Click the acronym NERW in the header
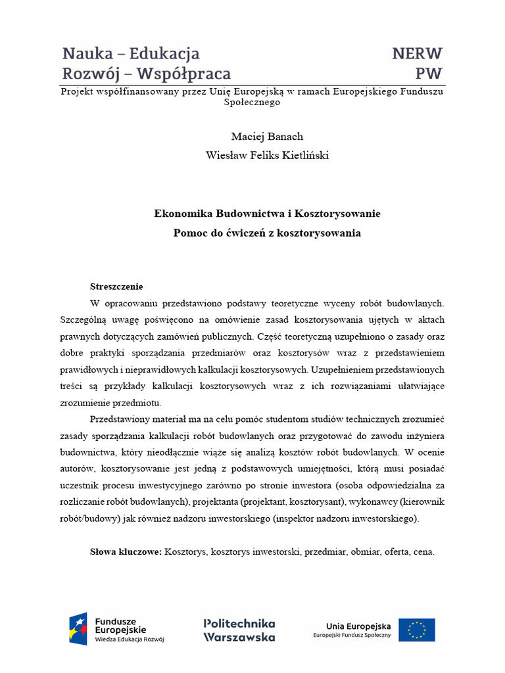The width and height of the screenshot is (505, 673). (x=417, y=53)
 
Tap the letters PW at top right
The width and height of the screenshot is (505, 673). (x=429, y=74)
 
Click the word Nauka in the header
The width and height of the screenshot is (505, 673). (x=86, y=53)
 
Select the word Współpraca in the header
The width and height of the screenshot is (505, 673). (x=191, y=74)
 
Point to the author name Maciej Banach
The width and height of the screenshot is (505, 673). (x=258, y=137)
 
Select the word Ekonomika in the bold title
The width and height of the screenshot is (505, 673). (x=181, y=214)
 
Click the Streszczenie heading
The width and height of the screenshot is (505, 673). (x=116, y=287)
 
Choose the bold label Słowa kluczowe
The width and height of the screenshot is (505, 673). (x=126, y=552)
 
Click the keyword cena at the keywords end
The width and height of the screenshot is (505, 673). (x=424, y=552)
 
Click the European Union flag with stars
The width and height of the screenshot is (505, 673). (x=416, y=630)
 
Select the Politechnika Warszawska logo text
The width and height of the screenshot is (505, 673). (x=239, y=630)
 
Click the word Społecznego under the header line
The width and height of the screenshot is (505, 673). (x=252, y=103)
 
